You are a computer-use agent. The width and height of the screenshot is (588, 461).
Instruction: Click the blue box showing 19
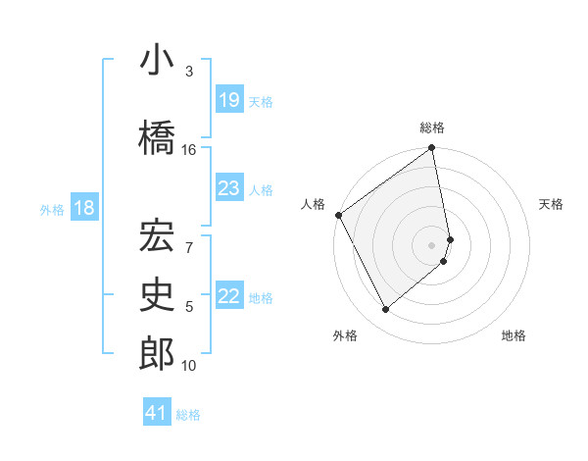click(x=229, y=100)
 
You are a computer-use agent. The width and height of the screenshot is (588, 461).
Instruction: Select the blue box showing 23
click(x=229, y=188)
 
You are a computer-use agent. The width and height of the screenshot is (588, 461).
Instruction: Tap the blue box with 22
click(x=229, y=297)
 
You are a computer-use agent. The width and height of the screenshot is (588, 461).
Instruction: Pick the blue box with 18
click(x=83, y=209)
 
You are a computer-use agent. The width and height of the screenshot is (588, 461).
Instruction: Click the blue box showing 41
click(x=157, y=414)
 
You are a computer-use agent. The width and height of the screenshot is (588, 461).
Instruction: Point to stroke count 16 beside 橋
click(x=189, y=149)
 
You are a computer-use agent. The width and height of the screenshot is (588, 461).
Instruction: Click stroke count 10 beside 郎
click(x=189, y=366)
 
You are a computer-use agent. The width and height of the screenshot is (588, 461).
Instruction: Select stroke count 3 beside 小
click(x=189, y=72)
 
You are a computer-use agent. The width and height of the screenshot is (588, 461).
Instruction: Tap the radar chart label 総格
click(x=432, y=127)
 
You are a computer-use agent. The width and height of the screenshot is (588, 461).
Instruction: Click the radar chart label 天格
click(x=551, y=204)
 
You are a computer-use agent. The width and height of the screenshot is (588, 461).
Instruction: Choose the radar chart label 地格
click(x=514, y=335)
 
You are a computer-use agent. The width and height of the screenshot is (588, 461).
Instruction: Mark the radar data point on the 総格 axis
click(x=432, y=149)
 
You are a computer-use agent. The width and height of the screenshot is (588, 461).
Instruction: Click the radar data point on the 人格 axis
click(x=338, y=215)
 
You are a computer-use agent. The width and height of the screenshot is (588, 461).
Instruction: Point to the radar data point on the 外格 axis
click(x=385, y=310)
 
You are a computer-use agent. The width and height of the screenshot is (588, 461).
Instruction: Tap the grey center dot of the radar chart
click(x=432, y=245)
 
